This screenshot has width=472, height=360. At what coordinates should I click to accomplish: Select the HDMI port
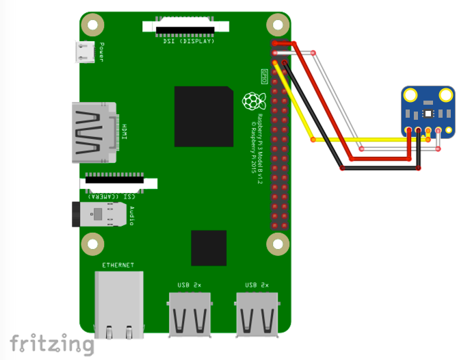[92, 132]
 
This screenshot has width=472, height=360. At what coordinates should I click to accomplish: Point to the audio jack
[101, 214]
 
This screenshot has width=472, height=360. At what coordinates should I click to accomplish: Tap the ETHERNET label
[118, 265]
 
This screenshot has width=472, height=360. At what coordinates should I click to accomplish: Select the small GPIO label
[264, 74]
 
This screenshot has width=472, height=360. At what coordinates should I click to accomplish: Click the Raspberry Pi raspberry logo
[253, 101]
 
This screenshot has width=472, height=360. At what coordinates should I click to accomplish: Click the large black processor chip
[203, 116]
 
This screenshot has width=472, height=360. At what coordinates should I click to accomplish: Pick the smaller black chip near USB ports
[209, 248]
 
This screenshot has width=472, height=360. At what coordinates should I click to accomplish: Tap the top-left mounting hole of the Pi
[92, 25]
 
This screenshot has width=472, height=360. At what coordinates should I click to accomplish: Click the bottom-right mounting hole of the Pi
[278, 243]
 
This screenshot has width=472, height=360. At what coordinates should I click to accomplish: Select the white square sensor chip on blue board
[428, 112]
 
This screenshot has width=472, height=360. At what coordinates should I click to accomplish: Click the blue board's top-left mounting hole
[411, 96]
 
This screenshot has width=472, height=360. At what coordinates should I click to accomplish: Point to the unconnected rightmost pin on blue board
[449, 129]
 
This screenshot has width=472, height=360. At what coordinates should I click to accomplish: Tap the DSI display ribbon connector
[185, 27]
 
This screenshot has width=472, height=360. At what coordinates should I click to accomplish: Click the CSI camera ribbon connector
[118, 183]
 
